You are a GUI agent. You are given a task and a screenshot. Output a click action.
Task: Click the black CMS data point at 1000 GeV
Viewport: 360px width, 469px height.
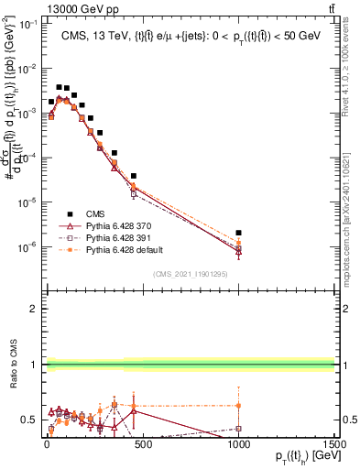coord(238,233)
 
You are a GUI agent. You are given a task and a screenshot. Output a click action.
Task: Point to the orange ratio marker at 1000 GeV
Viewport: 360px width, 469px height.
coord(238,405)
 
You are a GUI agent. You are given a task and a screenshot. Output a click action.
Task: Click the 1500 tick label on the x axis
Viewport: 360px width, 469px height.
coord(333,442)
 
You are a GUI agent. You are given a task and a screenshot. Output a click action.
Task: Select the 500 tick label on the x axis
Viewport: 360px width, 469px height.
coord(142,442)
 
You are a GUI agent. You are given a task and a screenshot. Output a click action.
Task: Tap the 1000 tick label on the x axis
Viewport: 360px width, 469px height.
coord(238,442)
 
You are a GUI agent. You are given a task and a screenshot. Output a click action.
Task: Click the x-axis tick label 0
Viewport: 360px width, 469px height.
coord(46,442)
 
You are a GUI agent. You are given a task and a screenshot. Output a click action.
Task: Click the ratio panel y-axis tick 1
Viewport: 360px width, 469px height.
coord(34,365)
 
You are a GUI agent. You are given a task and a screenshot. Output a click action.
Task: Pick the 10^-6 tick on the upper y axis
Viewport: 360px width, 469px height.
coord(27,246)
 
